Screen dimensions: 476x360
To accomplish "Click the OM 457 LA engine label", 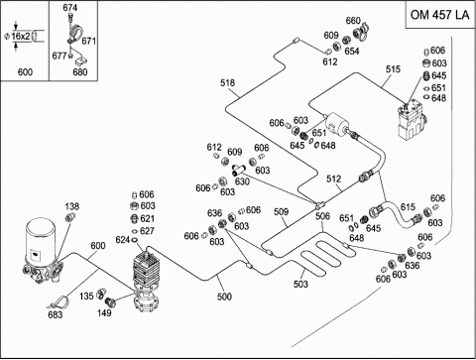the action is [439, 15].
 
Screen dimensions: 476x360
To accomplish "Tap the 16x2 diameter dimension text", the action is [21, 36].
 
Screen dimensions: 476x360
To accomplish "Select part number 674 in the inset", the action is [70, 8].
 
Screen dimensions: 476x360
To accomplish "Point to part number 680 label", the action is [80, 71].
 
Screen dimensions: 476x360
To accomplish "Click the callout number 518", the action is [228, 82].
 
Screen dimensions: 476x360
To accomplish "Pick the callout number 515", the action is [393, 69].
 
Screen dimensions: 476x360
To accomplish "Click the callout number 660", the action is [353, 21].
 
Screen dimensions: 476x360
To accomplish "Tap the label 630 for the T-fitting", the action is [242, 181].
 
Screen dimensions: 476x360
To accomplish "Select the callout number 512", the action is [333, 179].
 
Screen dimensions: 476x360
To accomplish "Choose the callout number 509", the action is [282, 211].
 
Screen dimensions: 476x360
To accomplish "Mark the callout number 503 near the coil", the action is [300, 284].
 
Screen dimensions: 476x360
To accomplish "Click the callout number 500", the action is [224, 297].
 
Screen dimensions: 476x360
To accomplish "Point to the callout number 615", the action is [408, 207].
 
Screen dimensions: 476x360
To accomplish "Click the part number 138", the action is [72, 206].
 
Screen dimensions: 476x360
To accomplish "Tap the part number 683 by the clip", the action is [56, 314].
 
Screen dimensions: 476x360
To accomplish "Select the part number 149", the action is [104, 312].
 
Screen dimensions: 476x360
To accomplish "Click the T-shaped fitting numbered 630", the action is [237, 170].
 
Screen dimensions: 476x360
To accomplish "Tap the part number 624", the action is [123, 240].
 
